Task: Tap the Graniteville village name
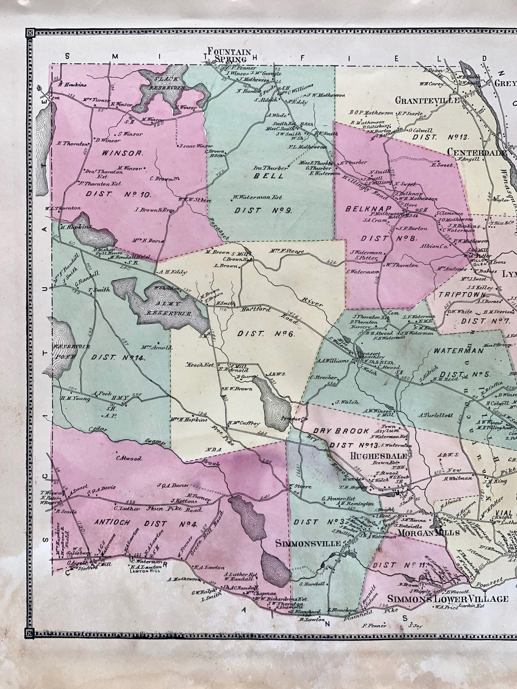pos(427,100)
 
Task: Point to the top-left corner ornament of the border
pos(30,32)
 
